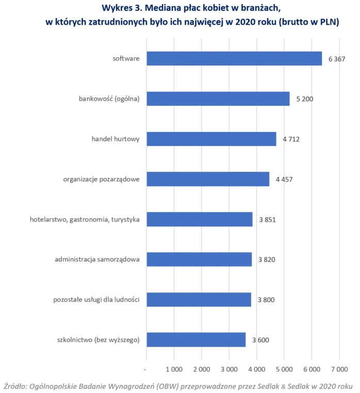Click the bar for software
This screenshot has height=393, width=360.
(x=234, y=58)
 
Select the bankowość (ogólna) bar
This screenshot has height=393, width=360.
(x=218, y=99)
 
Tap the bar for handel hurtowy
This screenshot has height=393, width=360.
(x=211, y=139)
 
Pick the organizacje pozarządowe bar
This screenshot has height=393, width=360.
(x=208, y=179)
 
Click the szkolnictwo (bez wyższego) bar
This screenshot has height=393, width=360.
(x=196, y=339)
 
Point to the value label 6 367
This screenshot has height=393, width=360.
(x=336, y=59)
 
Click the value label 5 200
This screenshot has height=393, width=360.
(x=304, y=99)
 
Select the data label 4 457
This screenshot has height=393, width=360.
(x=284, y=179)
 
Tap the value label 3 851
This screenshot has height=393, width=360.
(x=267, y=220)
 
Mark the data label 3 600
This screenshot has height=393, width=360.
(x=260, y=340)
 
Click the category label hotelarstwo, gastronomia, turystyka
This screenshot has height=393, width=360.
(x=85, y=219)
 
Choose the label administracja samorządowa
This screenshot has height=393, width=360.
(x=97, y=259)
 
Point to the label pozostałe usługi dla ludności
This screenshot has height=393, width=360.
(x=96, y=300)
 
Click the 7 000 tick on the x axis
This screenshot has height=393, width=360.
(x=339, y=369)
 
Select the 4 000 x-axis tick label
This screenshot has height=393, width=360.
(x=256, y=369)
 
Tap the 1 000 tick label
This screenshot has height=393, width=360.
(x=174, y=369)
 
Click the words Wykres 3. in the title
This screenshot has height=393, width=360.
(x=122, y=8)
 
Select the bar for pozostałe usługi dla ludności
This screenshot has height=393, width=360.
(x=199, y=300)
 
